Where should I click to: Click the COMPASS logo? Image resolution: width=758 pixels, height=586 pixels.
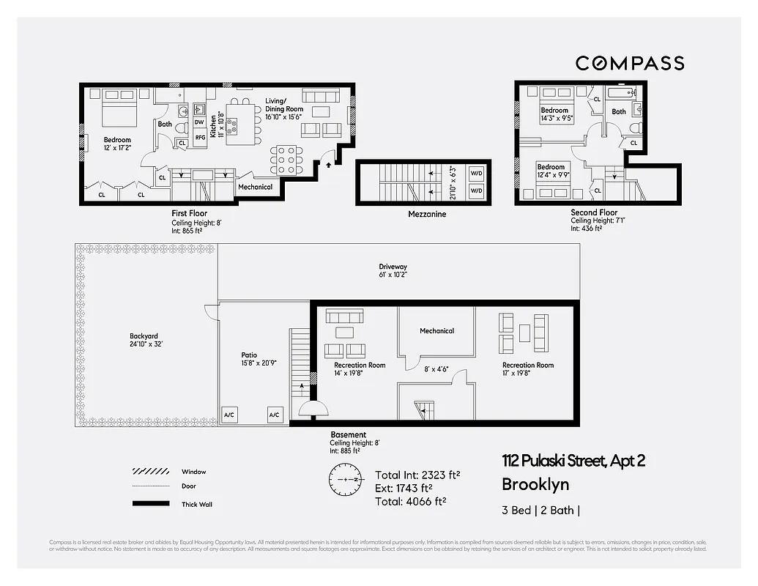(629, 63)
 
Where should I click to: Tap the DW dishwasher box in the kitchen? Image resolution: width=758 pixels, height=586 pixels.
(199, 122)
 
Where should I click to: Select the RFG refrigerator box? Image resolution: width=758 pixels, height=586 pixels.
(199, 137)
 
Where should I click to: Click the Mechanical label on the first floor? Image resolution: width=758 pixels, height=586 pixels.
(256, 187)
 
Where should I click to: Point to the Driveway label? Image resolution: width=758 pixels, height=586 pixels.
(393, 267)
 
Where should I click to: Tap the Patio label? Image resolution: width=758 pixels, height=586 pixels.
(249, 355)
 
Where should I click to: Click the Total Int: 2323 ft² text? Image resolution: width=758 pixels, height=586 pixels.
(417, 475)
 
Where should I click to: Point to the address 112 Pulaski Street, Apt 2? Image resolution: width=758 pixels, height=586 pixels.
(573, 461)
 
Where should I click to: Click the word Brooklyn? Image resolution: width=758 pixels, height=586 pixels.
(535, 484)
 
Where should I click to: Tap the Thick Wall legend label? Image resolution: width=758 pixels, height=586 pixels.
(197, 504)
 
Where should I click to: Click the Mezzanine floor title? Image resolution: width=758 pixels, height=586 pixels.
(428, 215)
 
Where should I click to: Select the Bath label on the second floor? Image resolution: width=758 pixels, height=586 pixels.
(619, 112)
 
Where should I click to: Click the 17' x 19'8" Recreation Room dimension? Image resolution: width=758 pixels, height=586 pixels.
(527, 373)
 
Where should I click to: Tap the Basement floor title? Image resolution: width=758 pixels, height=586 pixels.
(348, 434)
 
